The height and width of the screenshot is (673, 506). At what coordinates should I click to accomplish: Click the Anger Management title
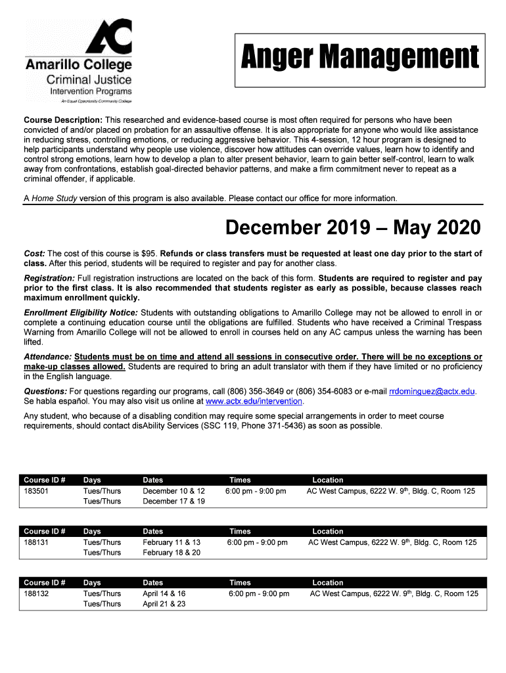(359, 57)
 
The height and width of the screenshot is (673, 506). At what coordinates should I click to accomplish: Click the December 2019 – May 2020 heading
(353, 228)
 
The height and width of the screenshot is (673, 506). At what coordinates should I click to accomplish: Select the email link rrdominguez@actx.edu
(432, 391)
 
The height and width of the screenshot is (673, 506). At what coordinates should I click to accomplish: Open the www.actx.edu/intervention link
(254, 401)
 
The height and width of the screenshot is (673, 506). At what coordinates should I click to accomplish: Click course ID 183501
(36, 492)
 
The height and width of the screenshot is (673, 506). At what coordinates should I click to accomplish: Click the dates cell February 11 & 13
(172, 543)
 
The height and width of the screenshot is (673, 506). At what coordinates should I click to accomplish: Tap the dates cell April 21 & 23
(164, 604)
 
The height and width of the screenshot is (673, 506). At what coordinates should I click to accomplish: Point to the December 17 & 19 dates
(174, 501)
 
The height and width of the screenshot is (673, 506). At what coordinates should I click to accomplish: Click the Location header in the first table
(327, 480)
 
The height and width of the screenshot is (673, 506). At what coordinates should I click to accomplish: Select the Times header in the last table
(240, 583)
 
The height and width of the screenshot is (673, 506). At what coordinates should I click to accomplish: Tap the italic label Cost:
(34, 254)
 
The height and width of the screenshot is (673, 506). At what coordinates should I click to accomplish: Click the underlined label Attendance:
(48, 357)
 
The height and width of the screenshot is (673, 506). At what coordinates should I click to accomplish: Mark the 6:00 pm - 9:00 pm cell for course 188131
(257, 543)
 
